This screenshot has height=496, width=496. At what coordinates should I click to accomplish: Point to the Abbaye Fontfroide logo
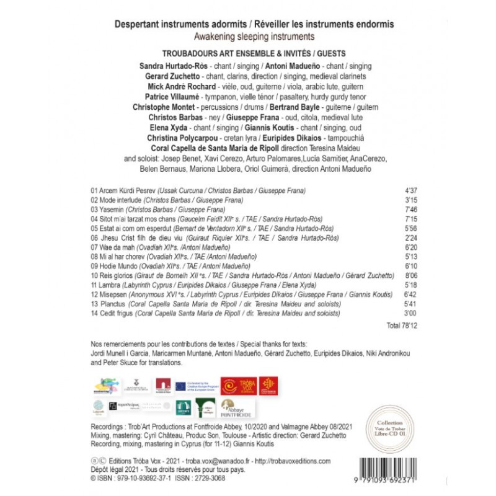(236, 409)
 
